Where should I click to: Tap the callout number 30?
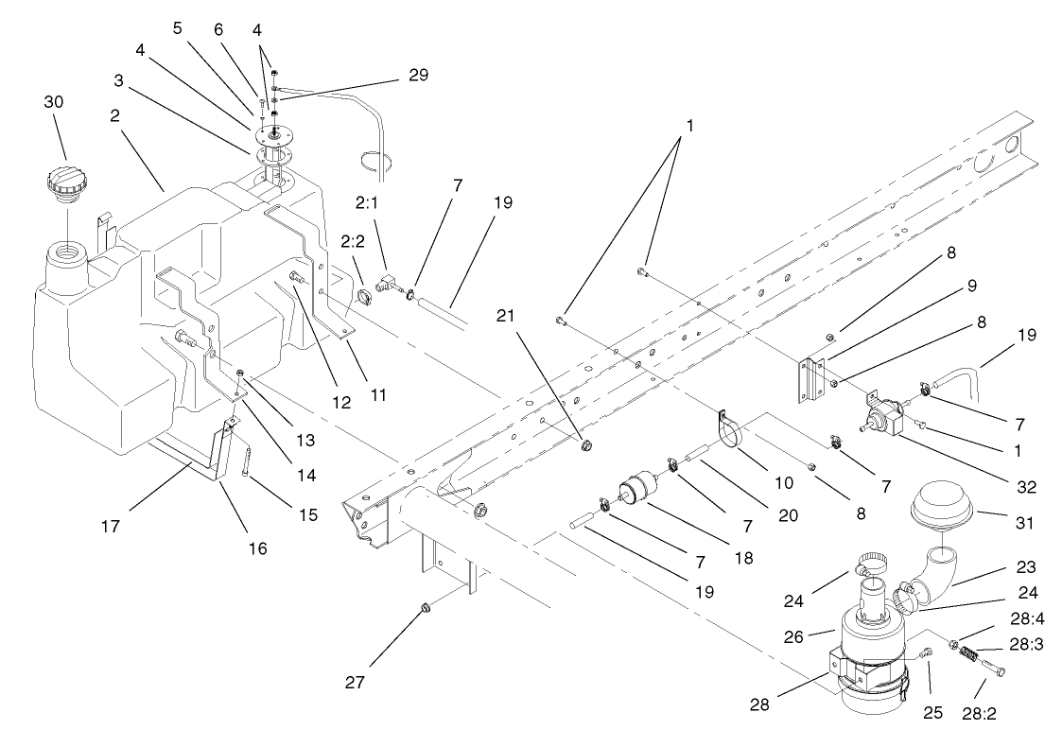56,102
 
